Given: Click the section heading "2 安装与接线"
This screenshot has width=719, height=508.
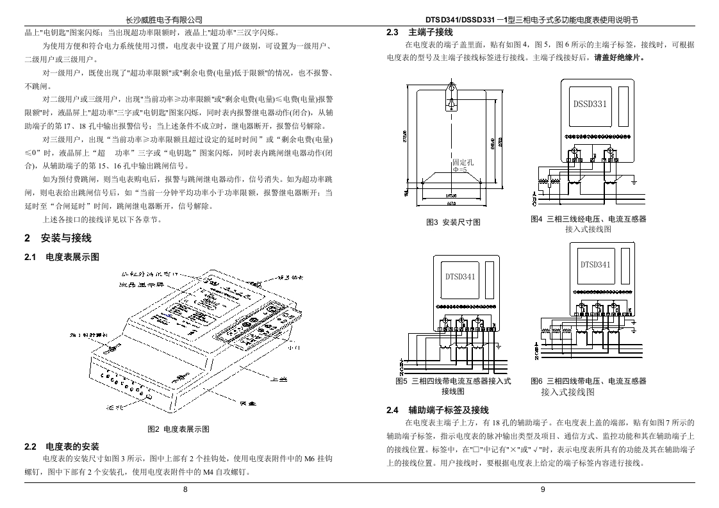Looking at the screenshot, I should point(58,238).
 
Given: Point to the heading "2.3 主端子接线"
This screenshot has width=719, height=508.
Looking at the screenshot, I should point(420,32).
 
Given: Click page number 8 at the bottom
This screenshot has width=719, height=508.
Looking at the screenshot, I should point(186,489).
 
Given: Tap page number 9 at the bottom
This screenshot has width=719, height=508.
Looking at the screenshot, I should point(542,489).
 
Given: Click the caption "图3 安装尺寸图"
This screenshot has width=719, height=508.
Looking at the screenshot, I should point(453,222).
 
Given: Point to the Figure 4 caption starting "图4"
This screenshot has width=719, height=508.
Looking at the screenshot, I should point(588,219).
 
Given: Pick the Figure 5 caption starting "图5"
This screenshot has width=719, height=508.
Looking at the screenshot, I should point(453,381).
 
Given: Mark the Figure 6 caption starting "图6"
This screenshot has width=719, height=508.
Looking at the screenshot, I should point(588,381).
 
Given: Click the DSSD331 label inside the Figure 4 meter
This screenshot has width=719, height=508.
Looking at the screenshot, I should point(590,103).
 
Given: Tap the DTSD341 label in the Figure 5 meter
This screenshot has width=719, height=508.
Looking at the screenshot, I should point(460,277).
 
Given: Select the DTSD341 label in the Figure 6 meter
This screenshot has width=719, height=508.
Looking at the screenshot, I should point(595,264).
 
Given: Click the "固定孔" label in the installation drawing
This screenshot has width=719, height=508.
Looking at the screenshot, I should point(463,163).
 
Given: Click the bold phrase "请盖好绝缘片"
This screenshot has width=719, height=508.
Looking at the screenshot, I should point(618,58).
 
